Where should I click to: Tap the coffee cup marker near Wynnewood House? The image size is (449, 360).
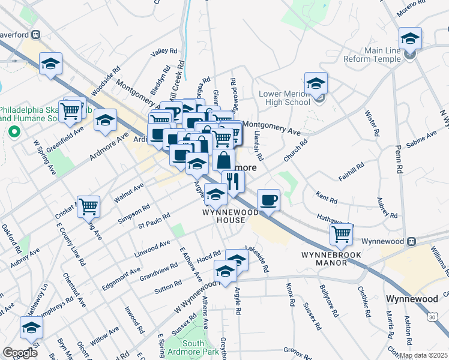(x=269, y=199)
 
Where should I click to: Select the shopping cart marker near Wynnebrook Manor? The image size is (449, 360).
(x=342, y=233)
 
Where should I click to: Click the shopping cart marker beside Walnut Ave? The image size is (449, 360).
(x=88, y=206)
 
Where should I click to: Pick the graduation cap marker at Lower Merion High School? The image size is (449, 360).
(x=316, y=83)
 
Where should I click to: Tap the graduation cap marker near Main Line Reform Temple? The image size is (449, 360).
(x=410, y=38)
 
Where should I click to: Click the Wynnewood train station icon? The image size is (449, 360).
(x=412, y=241)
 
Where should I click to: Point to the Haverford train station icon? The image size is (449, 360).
(x=37, y=34)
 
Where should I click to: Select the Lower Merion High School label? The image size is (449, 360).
(x=285, y=98)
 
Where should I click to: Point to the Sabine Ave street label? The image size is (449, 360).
(x=421, y=142)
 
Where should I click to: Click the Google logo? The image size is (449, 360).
(x=20, y=353)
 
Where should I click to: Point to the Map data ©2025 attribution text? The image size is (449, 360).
(x=423, y=355)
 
